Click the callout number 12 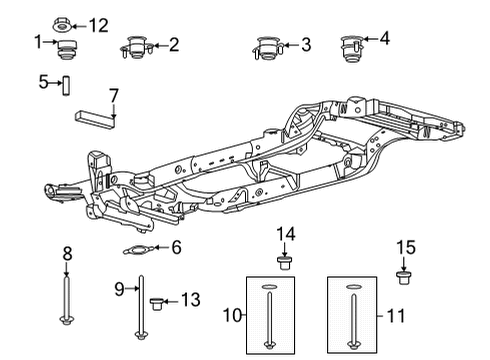point(98,23)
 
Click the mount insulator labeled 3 point(266,47)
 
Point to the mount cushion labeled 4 point(351,46)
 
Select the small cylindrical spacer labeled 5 point(67,85)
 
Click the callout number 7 point(114,95)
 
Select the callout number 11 point(396,315)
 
